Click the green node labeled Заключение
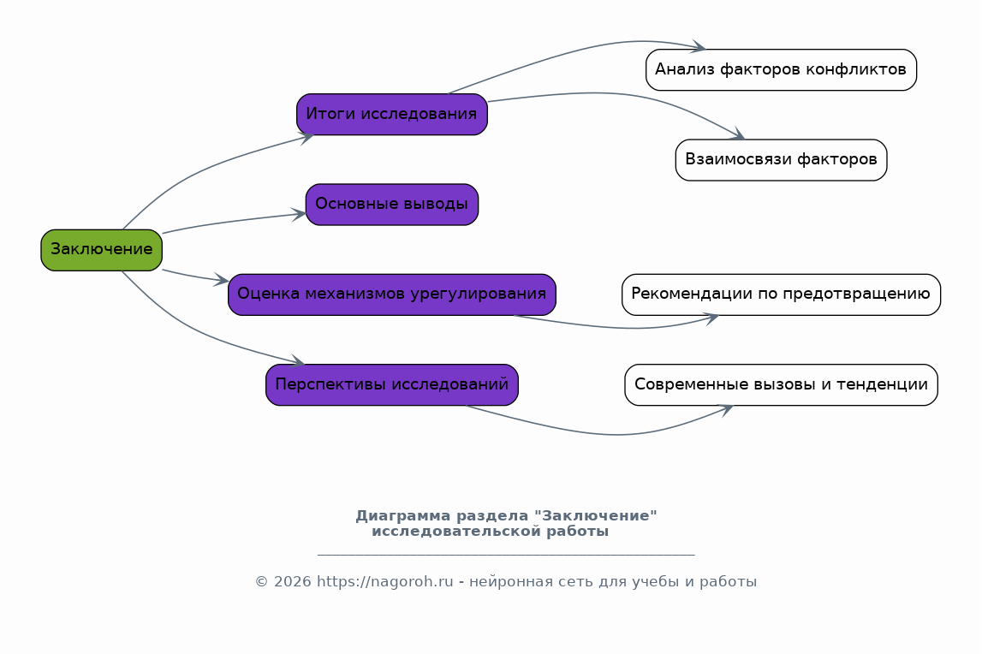(x=101, y=250)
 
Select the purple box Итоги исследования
(x=391, y=115)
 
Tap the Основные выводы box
(x=391, y=205)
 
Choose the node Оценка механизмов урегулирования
(x=391, y=294)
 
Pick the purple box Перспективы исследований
(x=391, y=385)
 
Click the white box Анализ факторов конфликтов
(x=781, y=69)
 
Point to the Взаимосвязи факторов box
(x=781, y=160)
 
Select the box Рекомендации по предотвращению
(x=781, y=294)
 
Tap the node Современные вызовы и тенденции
(x=781, y=385)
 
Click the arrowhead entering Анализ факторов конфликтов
(x=699, y=47)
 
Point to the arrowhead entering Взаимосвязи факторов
(x=738, y=135)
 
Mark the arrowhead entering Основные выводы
(x=300, y=215)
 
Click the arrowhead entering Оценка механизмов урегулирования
(x=222, y=280)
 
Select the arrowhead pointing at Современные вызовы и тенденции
(x=726, y=408)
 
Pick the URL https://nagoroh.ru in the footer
(x=384, y=582)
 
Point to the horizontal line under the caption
(x=505, y=555)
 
